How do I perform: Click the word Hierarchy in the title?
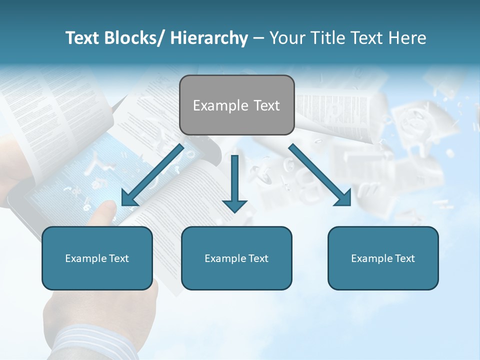pyautogui.click(x=209, y=38)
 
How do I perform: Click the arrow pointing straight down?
pyautogui.click(x=234, y=185)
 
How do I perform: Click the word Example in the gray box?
pyautogui.click(x=213, y=105)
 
